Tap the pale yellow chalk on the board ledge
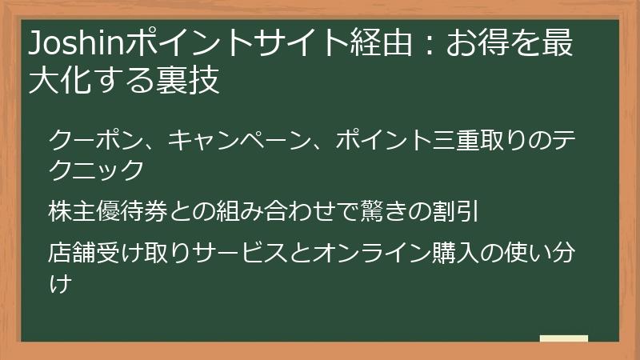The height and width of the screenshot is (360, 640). coord(563,338)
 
